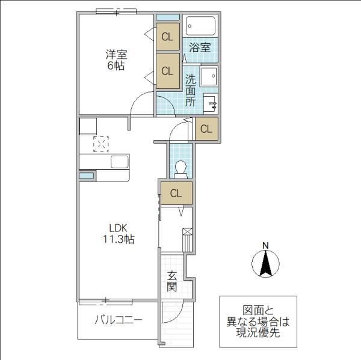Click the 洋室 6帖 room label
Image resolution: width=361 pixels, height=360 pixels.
click(x=116, y=60)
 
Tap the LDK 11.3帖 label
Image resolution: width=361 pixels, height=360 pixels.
click(x=118, y=233)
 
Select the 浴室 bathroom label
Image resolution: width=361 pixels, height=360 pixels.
click(x=200, y=47)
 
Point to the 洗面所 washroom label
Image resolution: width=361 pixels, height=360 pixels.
click(x=191, y=91)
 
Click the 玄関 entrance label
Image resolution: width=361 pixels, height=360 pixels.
click(x=172, y=281)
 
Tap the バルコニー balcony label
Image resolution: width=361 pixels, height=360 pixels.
click(x=119, y=320)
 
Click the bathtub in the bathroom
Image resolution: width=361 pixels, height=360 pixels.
click(x=200, y=26)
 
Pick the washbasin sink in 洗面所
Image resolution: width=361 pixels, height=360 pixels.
click(x=211, y=104)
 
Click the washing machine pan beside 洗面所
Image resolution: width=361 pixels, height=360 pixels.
click(x=209, y=76)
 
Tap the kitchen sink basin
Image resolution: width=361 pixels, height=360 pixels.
click(x=120, y=162)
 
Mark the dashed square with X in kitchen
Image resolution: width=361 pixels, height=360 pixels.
click(x=101, y=144)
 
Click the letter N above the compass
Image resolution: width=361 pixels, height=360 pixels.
click(x=266, y=246)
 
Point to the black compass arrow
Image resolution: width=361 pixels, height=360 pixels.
click(x=265, y=264)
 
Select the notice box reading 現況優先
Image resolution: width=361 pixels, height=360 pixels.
click(x=258, y=322)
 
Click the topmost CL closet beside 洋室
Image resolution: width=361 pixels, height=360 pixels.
click(x=168, y=36)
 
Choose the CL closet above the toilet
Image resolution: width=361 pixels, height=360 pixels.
click(x=206, y=129)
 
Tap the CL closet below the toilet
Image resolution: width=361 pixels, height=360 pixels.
click(x=176, y=194)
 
